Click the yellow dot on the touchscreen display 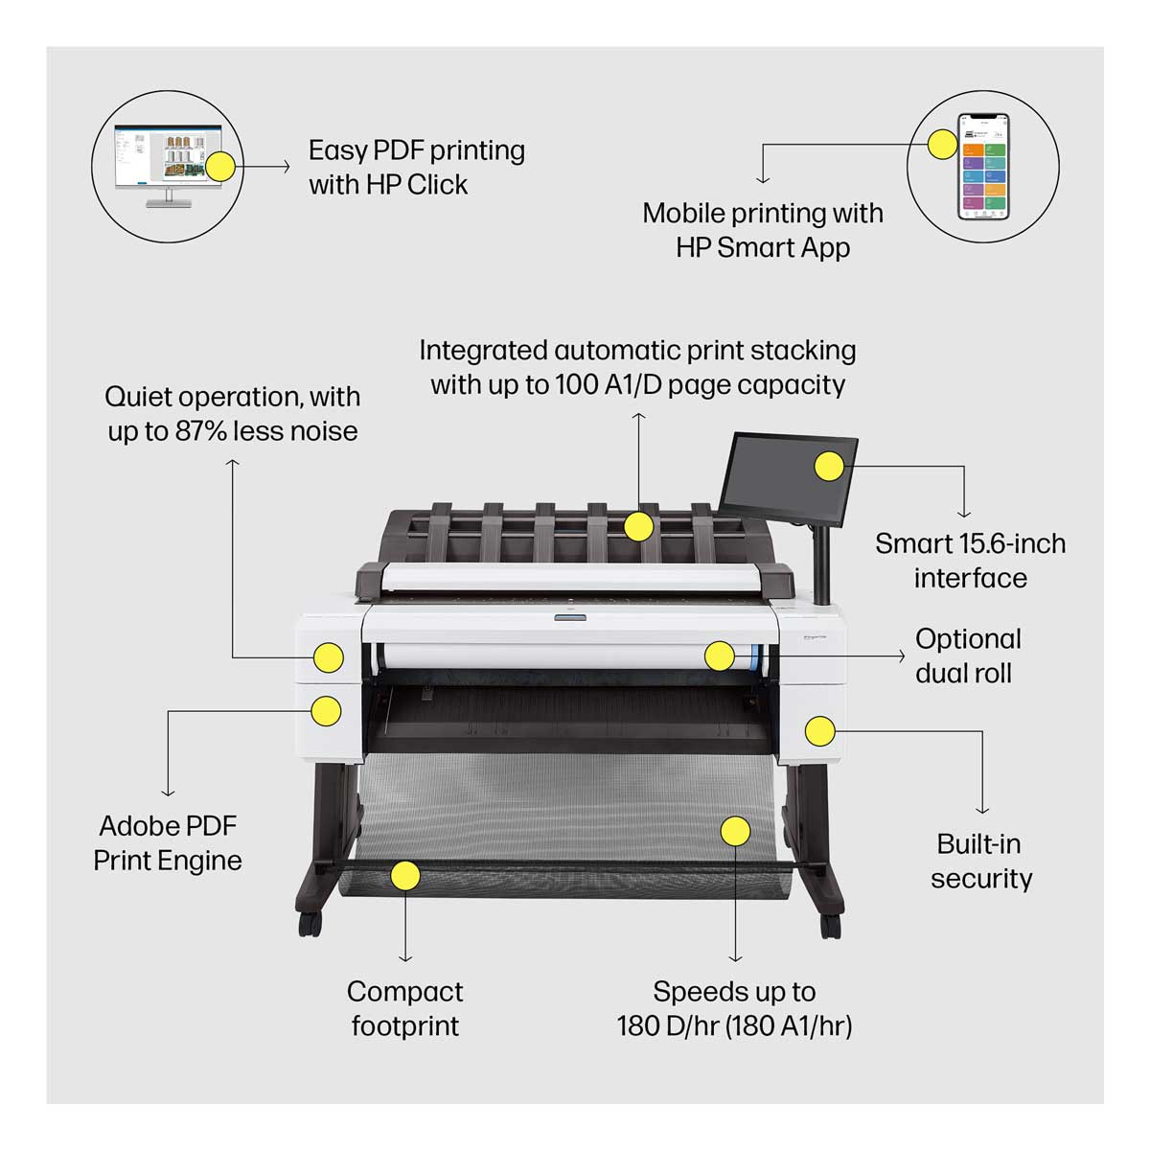829,467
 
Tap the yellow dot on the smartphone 942,145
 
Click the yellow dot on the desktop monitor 220,167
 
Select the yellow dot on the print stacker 638,526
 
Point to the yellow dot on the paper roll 719,655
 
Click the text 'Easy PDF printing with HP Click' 416,167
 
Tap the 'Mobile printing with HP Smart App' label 763,230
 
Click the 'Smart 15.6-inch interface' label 970,561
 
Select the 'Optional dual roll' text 967,655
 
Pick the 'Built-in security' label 980,861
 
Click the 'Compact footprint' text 404,1008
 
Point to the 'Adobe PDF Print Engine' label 168,842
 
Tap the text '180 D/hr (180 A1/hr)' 734,1026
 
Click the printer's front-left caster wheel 309,925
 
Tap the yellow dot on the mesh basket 735,831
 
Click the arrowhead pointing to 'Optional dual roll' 901,655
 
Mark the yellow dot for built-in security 818,730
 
